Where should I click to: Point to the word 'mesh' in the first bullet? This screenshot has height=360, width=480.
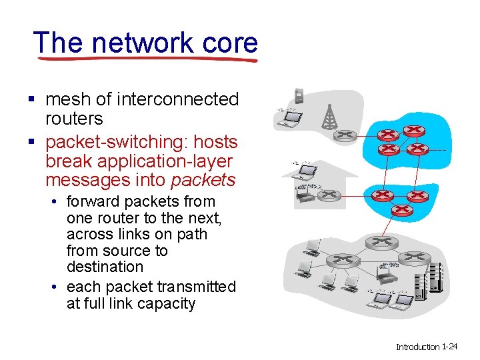68,99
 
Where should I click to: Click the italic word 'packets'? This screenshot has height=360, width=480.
203,180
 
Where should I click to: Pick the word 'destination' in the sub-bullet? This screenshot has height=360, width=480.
105,267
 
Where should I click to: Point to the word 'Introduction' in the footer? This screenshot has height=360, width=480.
417,347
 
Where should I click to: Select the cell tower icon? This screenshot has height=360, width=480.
329,117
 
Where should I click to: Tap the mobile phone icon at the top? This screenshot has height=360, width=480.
299,95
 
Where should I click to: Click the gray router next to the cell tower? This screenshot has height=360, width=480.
345,135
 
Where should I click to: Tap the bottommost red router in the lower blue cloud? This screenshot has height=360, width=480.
401,210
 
